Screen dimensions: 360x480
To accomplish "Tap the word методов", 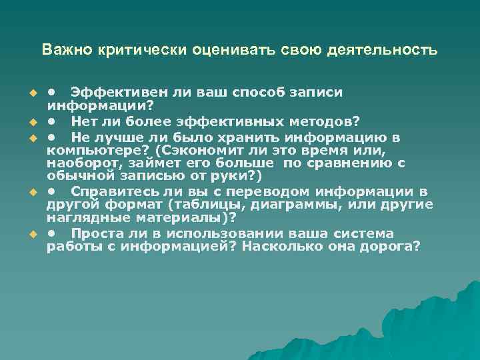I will [x=325, y=121].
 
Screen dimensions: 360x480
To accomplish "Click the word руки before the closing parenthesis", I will [x=233, y=176].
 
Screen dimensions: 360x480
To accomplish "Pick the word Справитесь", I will [x=110, y=191].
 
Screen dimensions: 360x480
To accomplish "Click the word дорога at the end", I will [x=390, y=246].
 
